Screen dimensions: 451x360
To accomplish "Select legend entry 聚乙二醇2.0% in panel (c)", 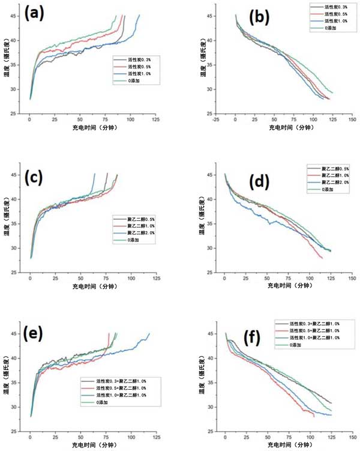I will tap(129, 232).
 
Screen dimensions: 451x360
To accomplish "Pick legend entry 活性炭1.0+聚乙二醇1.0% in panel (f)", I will tap(310, 337).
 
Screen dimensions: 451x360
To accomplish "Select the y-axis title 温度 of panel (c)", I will tap(6, 225).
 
